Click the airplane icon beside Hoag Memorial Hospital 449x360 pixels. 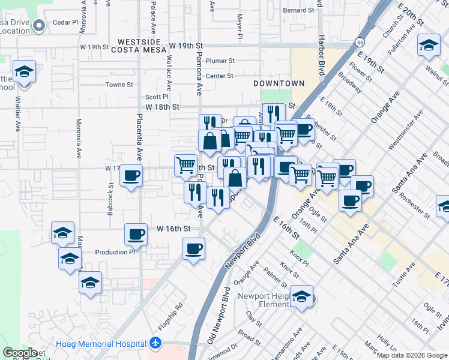click(156, 344)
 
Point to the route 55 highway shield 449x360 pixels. click(359, 43)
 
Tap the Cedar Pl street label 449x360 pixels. click(66, 22)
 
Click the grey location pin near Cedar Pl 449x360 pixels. click(40, 25)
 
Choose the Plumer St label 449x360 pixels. click(219, 61)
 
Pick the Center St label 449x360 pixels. click(219, 76)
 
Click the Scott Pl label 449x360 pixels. click(157, 97)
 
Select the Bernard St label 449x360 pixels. click(299, 10)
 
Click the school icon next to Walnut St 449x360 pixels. click(429, 45)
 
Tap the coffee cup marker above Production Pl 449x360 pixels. click(136, 234)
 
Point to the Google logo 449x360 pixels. click(20, 353)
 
